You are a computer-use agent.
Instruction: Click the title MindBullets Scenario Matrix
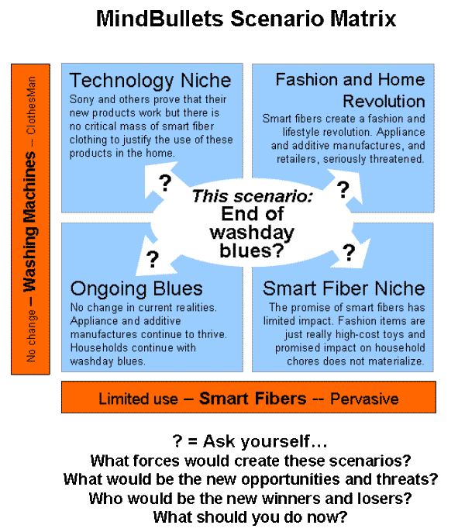pyautogui.click(x=246, y=19)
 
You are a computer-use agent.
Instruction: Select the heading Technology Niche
pyautogui.click(x=150, y=81)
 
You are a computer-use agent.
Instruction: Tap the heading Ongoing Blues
pyautogui.click(x=136, y=288)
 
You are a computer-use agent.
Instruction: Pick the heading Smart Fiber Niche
pyautogui.click(x=343, y=288)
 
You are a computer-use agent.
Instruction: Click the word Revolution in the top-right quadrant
pyautogui.click(x=384, y=101)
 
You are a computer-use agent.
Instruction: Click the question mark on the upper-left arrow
pyautogui.click(x=165, y=183)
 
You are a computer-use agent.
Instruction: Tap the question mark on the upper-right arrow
pyautogui.click(x=343, y=189)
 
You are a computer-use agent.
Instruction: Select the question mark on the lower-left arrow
pyautogui.click(x=153, y=259)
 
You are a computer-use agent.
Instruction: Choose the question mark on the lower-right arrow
pyautogui.click(x=349, y=253)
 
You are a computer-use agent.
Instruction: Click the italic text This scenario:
pyautogui.click(x=252, y=196)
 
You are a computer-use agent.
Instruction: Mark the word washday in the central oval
pyautogui.click(x=252, y=233)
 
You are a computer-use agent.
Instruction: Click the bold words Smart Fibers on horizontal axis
pyautogui.click(x=253, y=399)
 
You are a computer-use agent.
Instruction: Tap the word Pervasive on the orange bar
pyautogui.click(x=364, y=399)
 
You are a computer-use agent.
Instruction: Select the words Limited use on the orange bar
pyautogui.click(x=138, y=399)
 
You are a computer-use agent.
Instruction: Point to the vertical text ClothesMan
pyautogui.click(x=31, y=105)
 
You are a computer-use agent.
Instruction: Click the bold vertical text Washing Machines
pyautogui.click(x=30, y=221)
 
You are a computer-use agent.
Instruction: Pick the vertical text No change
pyautogui.click(x=31, y=337)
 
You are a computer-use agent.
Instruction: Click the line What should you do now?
pyautogui.click(x=250, y=517)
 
